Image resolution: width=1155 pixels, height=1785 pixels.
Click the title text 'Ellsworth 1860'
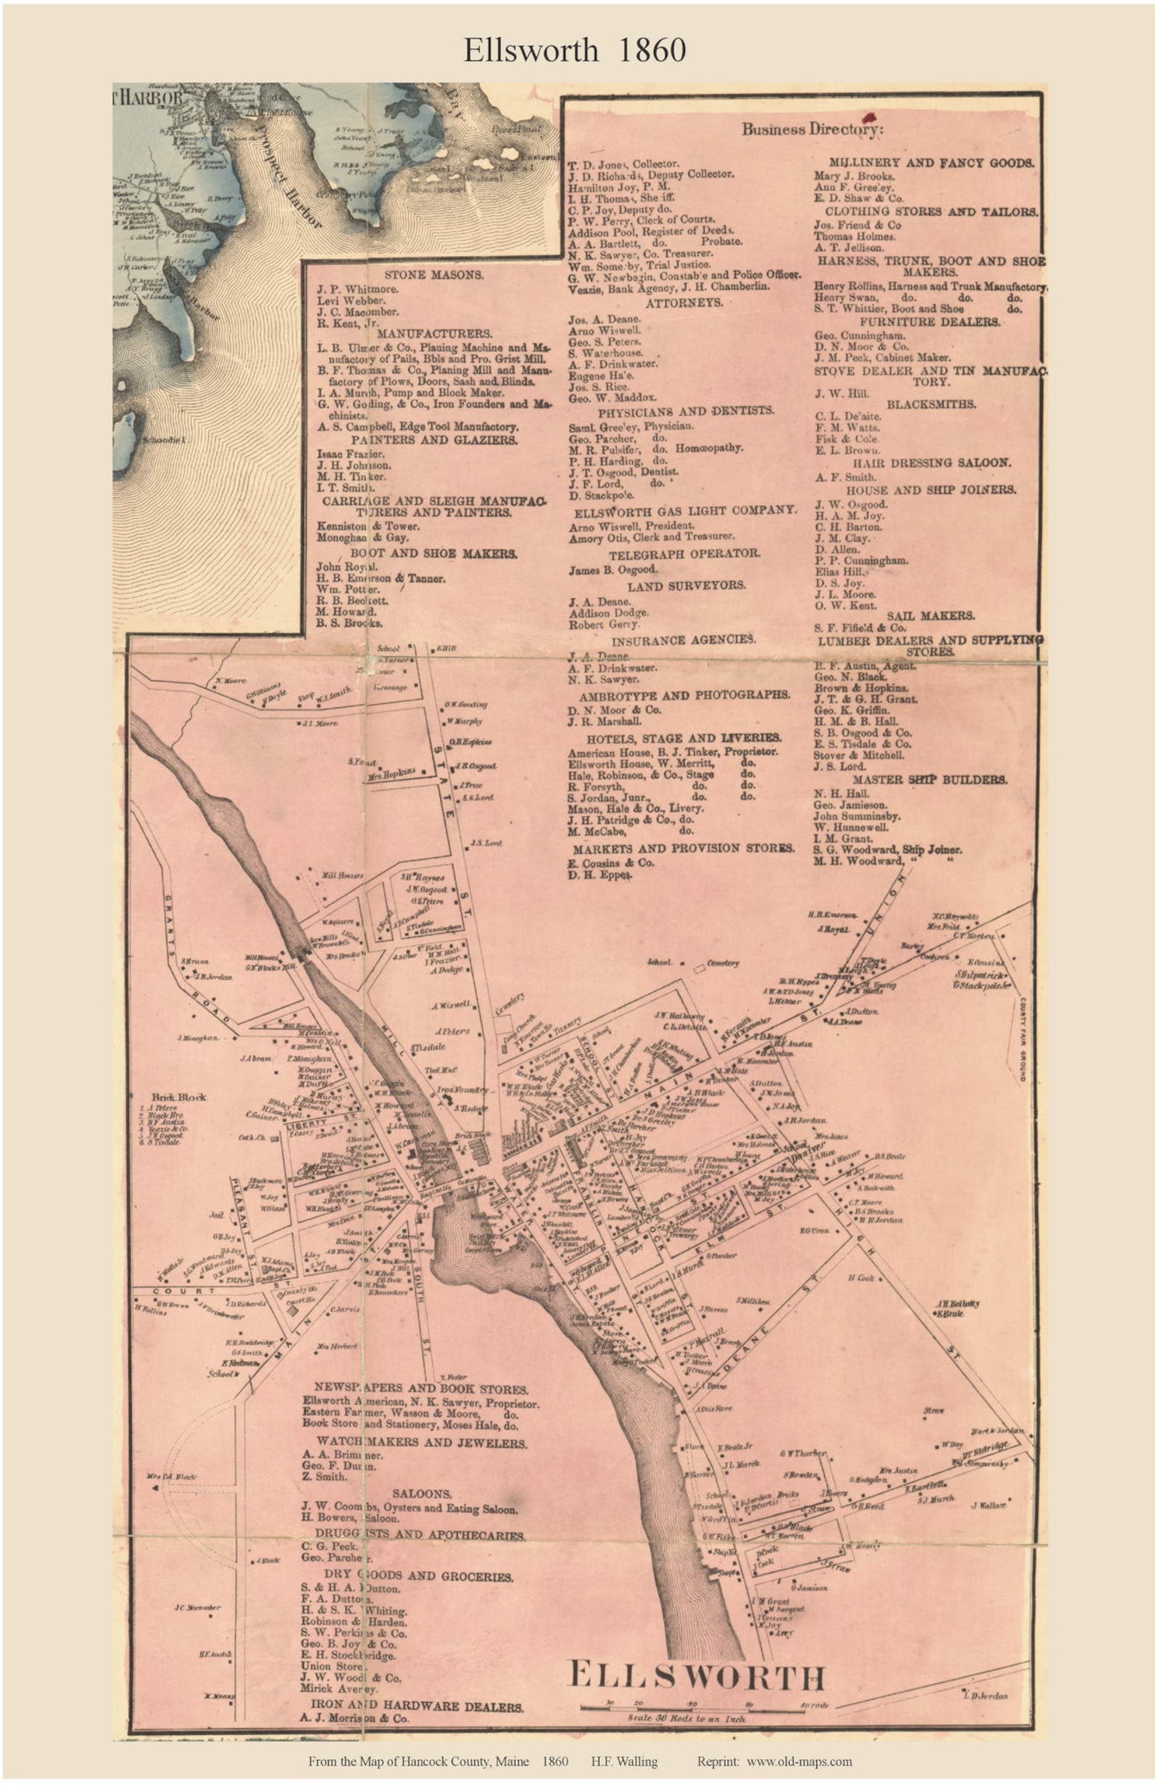coord(575,50)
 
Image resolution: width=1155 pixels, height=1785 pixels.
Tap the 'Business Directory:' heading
coord(813,129)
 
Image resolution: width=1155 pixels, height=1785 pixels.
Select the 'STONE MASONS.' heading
coord(433,274)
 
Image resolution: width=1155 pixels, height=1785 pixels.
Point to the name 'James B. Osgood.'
coord(612,570)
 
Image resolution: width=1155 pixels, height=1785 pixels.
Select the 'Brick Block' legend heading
coord(168,1096)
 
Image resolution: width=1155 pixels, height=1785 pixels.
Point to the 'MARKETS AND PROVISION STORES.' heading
coord(683,848)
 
